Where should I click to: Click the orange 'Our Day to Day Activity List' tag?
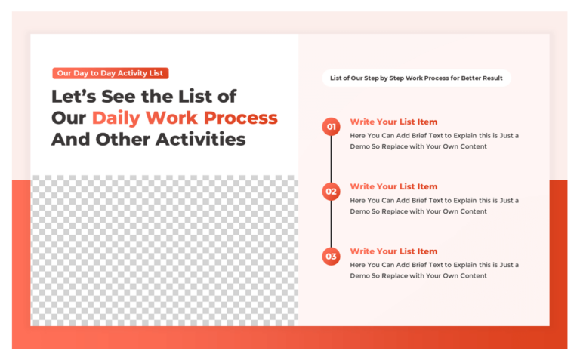click(x=110, y=73)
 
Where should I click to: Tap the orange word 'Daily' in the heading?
click(x=116, y=118)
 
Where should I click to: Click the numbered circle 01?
click(x=331, y=126)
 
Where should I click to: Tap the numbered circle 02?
click(x=331, y=192)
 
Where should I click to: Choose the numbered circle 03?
click(x=331, y=257)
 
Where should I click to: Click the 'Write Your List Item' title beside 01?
click(x=393, y=122)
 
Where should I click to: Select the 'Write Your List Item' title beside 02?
click(x=393, y=186)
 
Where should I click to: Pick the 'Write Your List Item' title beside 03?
click(x=393, y=251)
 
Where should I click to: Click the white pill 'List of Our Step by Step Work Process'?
click(x=416, y=78)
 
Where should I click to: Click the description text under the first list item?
click(x=433, y=141)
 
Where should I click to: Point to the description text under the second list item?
click(x=433, y=206)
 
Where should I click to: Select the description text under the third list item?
click(x=433, y=270)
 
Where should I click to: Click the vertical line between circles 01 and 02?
click(x=331, y=158)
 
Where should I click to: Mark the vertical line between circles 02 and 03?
click(x=331, y=224)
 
